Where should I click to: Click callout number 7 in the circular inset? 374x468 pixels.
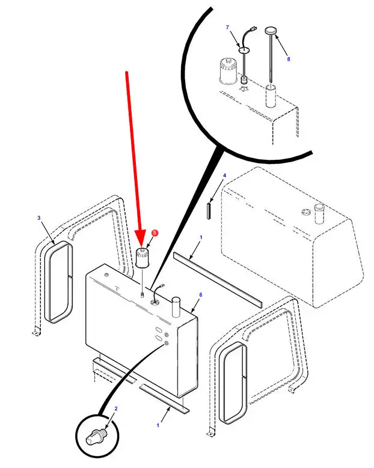[x=227, y=28]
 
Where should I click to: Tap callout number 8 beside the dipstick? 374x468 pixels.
[x=288, y=59]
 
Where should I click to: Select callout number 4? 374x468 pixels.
[x=224, y=175]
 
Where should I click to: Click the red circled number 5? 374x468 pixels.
[x=155, y=232]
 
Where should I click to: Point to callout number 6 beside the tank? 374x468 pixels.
[x=200, y=295]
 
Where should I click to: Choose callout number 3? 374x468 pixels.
[x=39, y=218]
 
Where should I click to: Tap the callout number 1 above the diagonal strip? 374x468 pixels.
[x=201, y=238]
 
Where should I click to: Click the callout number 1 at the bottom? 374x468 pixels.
[x=158, y=425]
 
